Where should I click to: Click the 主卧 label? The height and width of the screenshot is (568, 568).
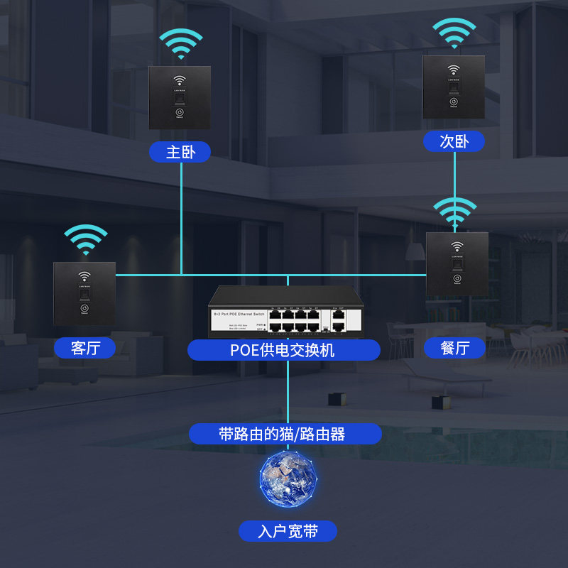pos(180,152)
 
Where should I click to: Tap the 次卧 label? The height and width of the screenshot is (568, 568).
pos(454,141)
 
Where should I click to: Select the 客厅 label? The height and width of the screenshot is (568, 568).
pos(84,348)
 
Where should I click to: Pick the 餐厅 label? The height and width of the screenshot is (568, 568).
pos(454,348)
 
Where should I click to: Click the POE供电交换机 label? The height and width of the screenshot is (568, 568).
pos(284,350)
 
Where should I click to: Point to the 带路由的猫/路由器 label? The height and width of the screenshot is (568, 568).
pos(284,434)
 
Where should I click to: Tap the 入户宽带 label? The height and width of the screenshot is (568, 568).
pos(287,531)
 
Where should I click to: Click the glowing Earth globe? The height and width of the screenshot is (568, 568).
pos(287,481)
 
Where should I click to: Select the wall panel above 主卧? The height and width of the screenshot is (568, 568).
pos(180,97)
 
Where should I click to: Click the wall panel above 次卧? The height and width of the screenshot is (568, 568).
pos(454,87)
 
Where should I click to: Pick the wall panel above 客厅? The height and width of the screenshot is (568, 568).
pos(84,294)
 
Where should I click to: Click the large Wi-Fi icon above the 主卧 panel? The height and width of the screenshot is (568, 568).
pos(180,44)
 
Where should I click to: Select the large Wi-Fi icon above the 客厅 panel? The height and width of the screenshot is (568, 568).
pos(85,240)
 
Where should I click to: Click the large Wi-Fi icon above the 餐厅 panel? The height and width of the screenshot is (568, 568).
pos(455,212)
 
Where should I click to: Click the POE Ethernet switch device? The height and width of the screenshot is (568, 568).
pos(284,312)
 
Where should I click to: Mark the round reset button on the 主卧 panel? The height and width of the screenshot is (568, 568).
pos(180,113)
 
